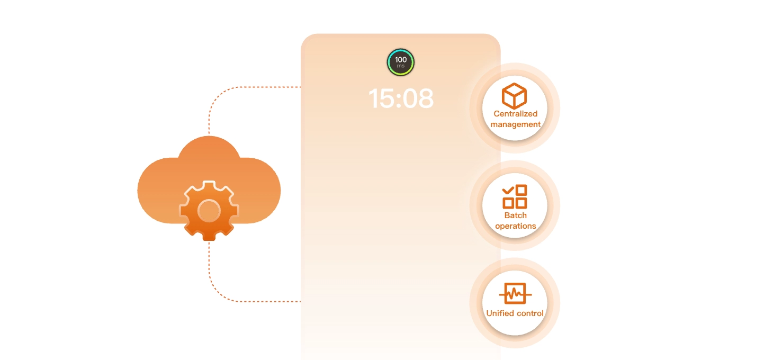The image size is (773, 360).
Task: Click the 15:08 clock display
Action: pos(401,98)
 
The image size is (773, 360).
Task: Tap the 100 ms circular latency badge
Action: pos(401,62)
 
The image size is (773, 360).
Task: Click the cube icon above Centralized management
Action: pos(514,96)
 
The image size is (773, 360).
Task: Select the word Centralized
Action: pos(515,114)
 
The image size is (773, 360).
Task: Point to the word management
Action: pos(515,124)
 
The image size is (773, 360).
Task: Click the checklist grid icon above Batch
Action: pos(515,196)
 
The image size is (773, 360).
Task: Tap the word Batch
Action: pos(515,215)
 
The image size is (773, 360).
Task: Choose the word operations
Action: pos(515,226)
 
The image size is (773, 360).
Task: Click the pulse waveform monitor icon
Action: pos(515,293)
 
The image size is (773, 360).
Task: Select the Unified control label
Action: pos(515,313)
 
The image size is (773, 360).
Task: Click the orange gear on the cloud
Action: pos(209,210)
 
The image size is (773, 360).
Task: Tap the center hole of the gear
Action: pos(209,210)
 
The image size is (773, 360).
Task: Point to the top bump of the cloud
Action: pos(209,148)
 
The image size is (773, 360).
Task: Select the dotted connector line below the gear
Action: pos(210,270)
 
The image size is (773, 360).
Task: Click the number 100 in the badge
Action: pos(401,60)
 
